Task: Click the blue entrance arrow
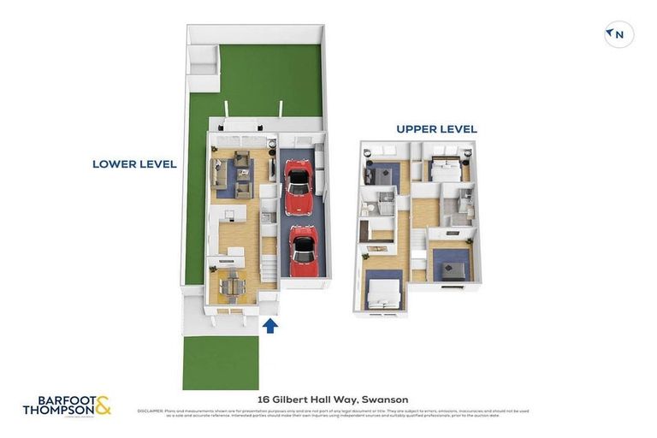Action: pos(270,325)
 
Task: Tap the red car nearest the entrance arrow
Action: pos(303,250)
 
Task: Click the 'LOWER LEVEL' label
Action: pos(134,164)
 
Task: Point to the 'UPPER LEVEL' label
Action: pos(436,129)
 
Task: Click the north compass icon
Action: pos(619,35)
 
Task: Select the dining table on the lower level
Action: pos(232,287)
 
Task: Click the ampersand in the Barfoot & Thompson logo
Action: pos(102,405)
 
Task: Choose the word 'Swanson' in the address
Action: pos(385,400)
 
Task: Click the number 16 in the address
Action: pos(264,400)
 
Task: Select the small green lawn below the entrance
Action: pos(220,363)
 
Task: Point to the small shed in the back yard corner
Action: pos(201,67)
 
